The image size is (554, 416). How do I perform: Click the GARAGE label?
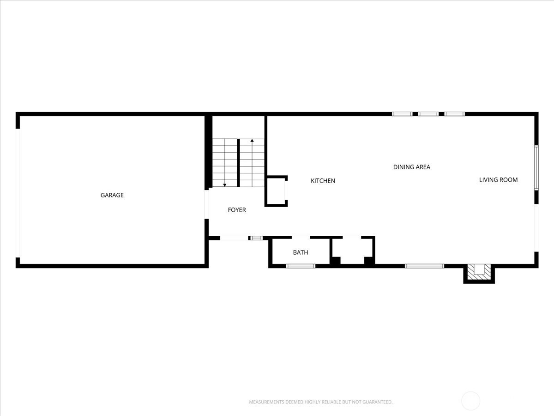(x=112, y=195)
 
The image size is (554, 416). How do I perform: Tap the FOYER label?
(x=237, y=210)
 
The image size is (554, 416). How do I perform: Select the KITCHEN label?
(x=323, y=181)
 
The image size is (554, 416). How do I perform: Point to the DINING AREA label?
(x=412, y=167)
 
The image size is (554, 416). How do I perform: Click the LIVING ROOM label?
(x=498, y=180)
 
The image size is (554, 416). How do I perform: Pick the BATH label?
(x=301, y=252)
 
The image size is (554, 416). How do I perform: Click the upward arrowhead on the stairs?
(x=252, y=141)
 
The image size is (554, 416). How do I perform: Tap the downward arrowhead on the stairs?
(x=225, y=185)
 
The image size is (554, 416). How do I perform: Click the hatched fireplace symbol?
(x=479, y=272)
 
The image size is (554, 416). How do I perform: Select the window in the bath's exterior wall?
(x=301, y=266)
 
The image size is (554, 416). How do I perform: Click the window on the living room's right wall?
(x=536, y=167)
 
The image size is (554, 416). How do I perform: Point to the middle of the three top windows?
(x=428, y=114)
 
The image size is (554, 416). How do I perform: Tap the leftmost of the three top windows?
(x=402, y=114)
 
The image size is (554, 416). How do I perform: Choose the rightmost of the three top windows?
(x=455, y=114)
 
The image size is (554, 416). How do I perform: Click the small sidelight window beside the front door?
(x=256, y=238)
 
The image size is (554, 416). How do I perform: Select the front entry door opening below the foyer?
(x=234, y=238)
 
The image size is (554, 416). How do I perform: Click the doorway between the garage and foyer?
(x=206, y=204)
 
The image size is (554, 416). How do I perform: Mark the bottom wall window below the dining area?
(x=424, y=266)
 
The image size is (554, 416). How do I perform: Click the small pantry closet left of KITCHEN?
(x=276, y=191)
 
